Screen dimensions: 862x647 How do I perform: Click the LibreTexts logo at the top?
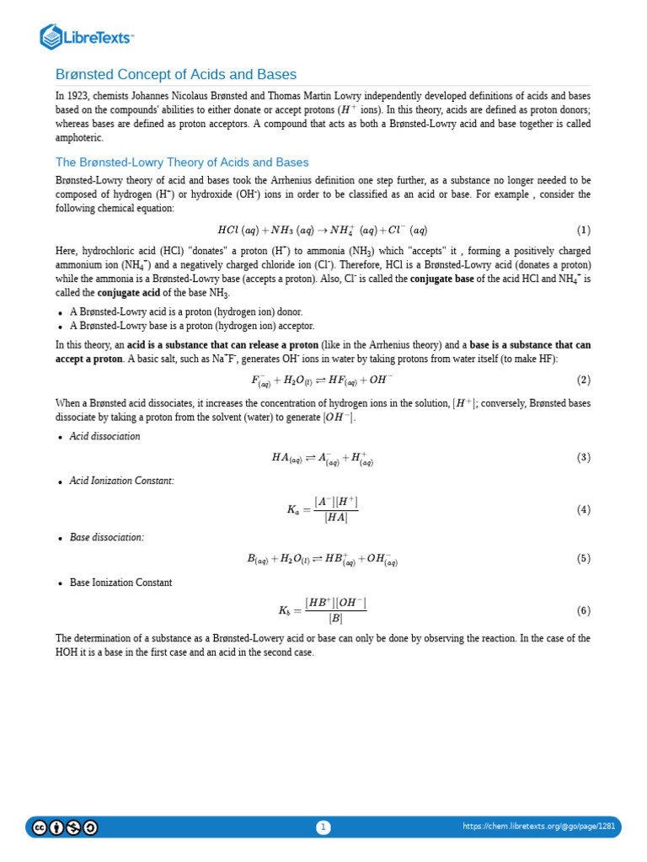(87, 36)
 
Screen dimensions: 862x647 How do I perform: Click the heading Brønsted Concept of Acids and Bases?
(176, 74)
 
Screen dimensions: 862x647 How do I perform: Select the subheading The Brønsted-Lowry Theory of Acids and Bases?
(182, 162)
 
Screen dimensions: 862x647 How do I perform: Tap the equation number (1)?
(583, 230)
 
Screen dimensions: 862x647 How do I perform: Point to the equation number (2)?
(583, 380)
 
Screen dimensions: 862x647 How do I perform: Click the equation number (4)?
(583, 509)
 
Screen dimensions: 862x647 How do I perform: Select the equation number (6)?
(583, 610)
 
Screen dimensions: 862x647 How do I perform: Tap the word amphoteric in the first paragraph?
(79, 137)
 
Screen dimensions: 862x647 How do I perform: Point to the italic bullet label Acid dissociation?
(105, 436)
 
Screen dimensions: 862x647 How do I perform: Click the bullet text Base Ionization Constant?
(120, 582)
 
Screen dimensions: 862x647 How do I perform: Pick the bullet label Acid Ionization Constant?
(122, 481)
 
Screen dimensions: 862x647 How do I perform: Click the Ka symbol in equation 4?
(293, 509)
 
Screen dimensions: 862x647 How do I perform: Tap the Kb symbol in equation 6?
(285, 610)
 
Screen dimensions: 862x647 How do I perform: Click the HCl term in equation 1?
(227, 230)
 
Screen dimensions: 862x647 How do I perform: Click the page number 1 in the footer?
(323, 827)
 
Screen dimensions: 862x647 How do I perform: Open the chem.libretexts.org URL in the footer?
(538, 827)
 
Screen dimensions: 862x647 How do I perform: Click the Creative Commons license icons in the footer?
(65, 827)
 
